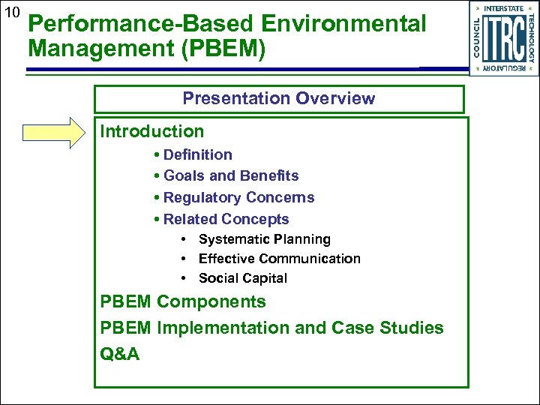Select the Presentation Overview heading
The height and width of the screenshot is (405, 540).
point(279,98)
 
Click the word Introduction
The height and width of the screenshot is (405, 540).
point(152,131)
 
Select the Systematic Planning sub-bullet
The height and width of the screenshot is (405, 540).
point(264,239)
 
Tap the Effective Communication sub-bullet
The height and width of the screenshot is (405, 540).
point(279,259)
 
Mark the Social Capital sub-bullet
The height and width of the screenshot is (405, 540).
point(242,278)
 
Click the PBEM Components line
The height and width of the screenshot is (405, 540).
point(183,301)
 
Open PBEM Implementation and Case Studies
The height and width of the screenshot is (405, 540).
point(272,328)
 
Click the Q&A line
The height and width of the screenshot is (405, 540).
point(120,354)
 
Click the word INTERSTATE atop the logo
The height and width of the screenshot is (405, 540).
point(503,8)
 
